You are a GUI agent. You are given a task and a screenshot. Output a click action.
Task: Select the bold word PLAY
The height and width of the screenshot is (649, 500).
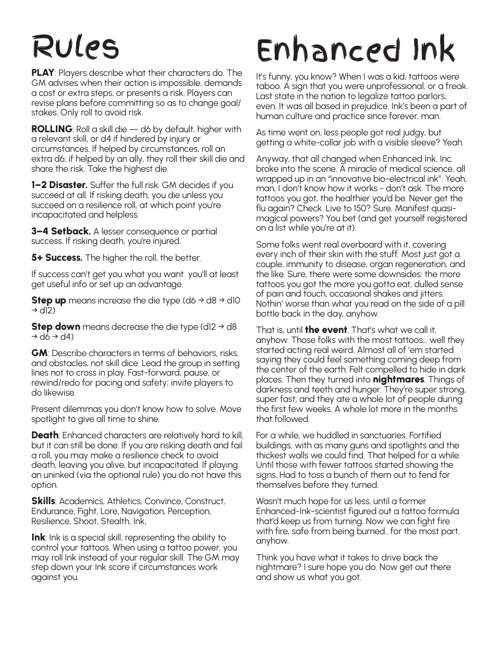coord(43,73)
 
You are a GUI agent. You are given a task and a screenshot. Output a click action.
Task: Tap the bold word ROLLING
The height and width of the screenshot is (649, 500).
coord(52,129)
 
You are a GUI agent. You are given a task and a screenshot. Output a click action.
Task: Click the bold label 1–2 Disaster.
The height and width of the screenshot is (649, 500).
coord(59,185)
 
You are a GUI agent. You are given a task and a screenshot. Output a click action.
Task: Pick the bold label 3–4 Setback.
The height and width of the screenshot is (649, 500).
coord(61,231)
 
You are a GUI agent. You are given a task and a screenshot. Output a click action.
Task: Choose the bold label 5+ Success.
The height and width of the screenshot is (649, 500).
coord(57,258)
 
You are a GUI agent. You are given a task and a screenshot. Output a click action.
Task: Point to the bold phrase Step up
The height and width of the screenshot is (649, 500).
coord(49,301)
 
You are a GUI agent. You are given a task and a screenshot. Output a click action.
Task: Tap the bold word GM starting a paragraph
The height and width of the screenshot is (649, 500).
coord(40,353)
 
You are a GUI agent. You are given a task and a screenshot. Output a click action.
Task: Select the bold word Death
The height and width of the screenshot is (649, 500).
coord(45,436)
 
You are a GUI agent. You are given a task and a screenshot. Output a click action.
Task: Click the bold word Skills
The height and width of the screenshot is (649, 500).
coord(43,501)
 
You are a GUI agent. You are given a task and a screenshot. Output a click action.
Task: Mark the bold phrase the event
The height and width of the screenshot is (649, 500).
coord(326,330)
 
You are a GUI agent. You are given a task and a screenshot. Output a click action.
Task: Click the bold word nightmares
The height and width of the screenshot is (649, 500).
coord(398,380)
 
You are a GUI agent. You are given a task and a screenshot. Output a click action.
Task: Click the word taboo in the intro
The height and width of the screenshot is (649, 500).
coord(268,86)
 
